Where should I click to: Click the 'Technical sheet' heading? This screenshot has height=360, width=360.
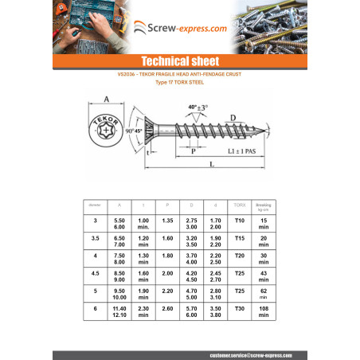click(x=179, y=61)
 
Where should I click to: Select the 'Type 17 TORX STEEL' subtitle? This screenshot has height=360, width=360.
click(x=179, y=82)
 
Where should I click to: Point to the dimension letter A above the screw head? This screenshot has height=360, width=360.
click(x=107, y=100)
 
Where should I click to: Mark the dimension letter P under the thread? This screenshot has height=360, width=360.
click(x=194, y=149)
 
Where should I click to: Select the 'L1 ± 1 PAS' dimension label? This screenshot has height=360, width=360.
click(x=241, y=149)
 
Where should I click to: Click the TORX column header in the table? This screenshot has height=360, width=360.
click(x=240, y=205)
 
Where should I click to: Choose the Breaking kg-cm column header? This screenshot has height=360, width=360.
click(x=264, y=205)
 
